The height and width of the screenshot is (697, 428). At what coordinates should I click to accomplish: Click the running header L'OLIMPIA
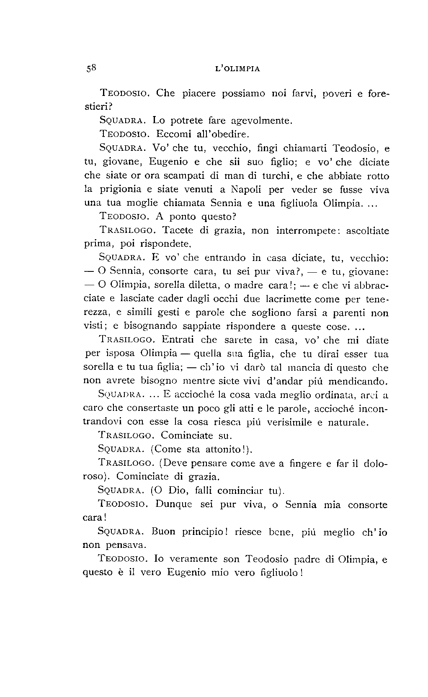tap(237, 69)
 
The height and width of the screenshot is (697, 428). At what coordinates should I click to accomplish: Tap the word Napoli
tap(246, 189)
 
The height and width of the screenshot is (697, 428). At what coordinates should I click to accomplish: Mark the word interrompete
tap(309, 231)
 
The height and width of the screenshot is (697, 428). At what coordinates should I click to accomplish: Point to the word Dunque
tap(174, 505)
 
